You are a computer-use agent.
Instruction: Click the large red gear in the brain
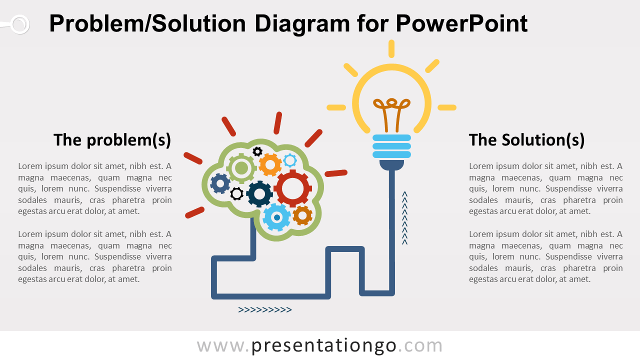[292, 188]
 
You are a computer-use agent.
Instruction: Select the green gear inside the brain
[241, 168]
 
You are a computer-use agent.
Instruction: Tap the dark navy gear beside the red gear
[259, 194]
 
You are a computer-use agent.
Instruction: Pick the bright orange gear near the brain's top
[270, 164]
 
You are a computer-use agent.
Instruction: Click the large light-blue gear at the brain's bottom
[276, 217]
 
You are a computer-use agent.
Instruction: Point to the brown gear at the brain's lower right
[302, 215]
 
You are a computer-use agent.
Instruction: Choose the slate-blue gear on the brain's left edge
[220, 183]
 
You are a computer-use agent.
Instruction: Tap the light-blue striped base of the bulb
[391, 146]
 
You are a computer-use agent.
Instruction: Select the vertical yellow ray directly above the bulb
[391, 49]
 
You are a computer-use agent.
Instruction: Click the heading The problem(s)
[112, 140]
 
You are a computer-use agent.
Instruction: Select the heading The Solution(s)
[526, 140]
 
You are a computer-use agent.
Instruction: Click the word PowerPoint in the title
[461, 24]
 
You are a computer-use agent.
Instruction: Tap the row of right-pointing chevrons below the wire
[265, 310]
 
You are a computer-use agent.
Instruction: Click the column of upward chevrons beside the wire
[405, 218]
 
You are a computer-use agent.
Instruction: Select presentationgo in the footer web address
[324, 345]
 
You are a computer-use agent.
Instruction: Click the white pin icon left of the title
[19, 24]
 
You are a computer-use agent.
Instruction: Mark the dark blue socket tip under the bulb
[391, 164]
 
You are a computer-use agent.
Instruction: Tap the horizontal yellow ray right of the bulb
[446, 107]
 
